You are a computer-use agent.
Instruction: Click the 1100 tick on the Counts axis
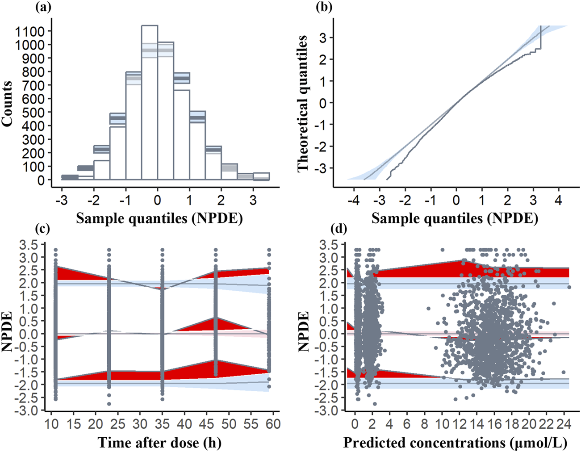click(29, 31)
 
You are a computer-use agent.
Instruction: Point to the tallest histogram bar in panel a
click(149, 103)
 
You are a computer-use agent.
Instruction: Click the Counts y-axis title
click(8, 103)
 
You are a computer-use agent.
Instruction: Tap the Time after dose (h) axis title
click(159, 443)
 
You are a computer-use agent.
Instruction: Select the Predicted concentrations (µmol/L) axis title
click(455, 443)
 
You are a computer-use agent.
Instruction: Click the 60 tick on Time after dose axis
click(272, 423)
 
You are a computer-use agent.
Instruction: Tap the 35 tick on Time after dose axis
click(162, 423)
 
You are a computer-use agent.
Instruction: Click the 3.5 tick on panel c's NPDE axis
click(29, 245)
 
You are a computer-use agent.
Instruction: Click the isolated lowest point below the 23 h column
click(109, 404)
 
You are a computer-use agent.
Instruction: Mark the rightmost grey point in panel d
click(569, 287)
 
